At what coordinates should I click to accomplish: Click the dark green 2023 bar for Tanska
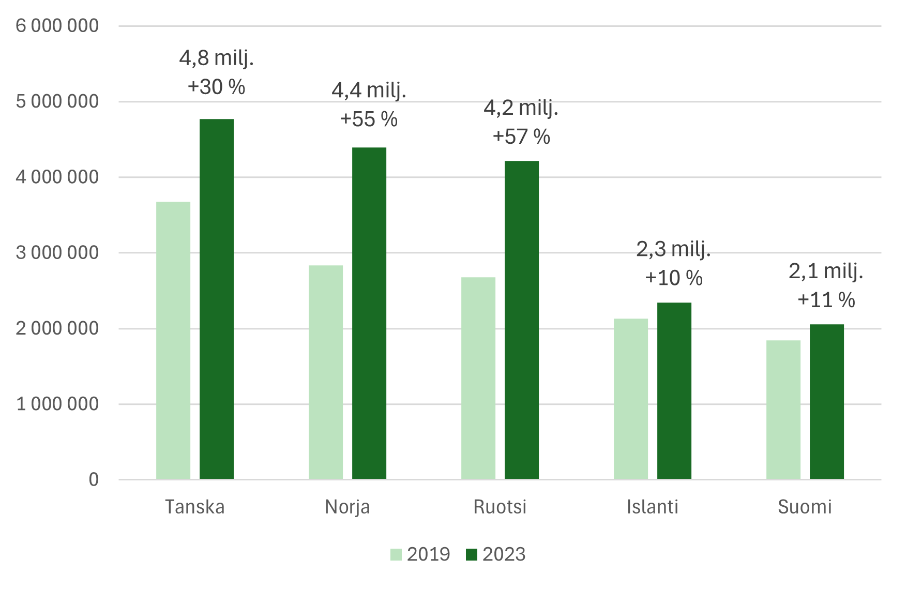pos(217,299)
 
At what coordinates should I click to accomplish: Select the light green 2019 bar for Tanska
pos(173,340)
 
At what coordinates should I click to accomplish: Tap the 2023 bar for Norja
pos(369,313)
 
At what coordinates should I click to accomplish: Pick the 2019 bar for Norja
pos(326,372)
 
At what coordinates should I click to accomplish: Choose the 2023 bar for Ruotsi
pos(522,320)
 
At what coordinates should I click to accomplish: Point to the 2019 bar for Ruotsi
pos(478,378)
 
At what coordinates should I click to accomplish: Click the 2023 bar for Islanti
pos(674,391)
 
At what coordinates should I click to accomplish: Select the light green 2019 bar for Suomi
pos(783,410)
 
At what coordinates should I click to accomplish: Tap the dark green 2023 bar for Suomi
pos(827,402)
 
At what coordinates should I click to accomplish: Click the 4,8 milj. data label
pos(217,58)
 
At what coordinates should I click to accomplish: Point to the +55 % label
pos(369,119)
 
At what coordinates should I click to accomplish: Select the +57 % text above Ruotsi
pos(521,137)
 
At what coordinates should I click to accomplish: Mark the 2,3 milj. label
pos(673,249)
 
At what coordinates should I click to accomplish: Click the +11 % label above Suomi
pos(826,300)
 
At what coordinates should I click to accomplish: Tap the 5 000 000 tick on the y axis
pos(57,101)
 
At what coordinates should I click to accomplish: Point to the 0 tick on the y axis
pos(94,479)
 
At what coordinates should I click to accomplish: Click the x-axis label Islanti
pos(652,507)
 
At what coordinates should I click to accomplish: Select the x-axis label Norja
pos(347,507)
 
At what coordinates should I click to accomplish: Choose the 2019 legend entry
pos(420,554)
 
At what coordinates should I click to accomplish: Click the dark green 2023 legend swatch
pos(471,555)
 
